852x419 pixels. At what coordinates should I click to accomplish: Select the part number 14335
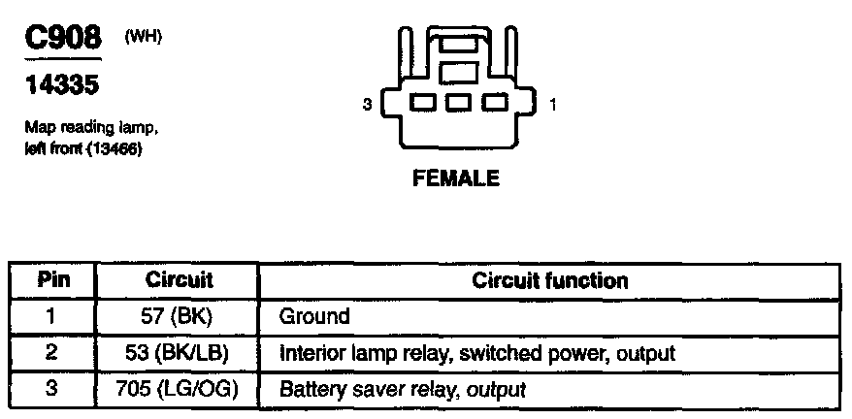(x=59, y=86)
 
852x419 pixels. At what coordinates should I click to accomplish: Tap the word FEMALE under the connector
(x=456, y=178)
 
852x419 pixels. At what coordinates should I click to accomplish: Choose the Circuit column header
(x=180, y=281)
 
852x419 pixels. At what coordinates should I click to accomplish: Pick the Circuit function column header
(x=549, y=281)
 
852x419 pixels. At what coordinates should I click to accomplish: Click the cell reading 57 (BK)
(x=180, y=316)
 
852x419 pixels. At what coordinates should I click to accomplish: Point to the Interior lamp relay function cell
(x=475, y=352)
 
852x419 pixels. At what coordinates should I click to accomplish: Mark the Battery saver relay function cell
(x=402, y=389)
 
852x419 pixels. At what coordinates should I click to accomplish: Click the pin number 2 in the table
(x=52, y=352)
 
